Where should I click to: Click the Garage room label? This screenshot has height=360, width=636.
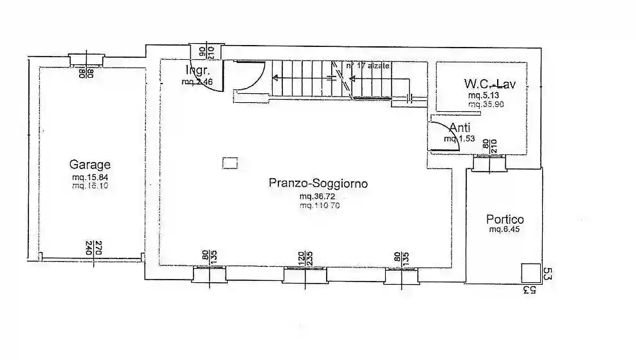pos(90,165)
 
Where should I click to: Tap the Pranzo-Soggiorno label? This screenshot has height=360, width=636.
pos(318,183)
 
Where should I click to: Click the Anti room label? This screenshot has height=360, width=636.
pos(459,128)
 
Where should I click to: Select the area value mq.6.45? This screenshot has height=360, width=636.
pos(504,229)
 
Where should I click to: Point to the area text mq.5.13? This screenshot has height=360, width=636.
pos(485,95)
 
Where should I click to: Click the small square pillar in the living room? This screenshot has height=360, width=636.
pos(230,163)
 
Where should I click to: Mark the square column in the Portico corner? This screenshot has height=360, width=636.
pos(530,273)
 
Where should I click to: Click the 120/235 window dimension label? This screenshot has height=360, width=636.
pos(305,258)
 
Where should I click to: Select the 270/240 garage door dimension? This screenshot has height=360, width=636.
pos(94,248)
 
